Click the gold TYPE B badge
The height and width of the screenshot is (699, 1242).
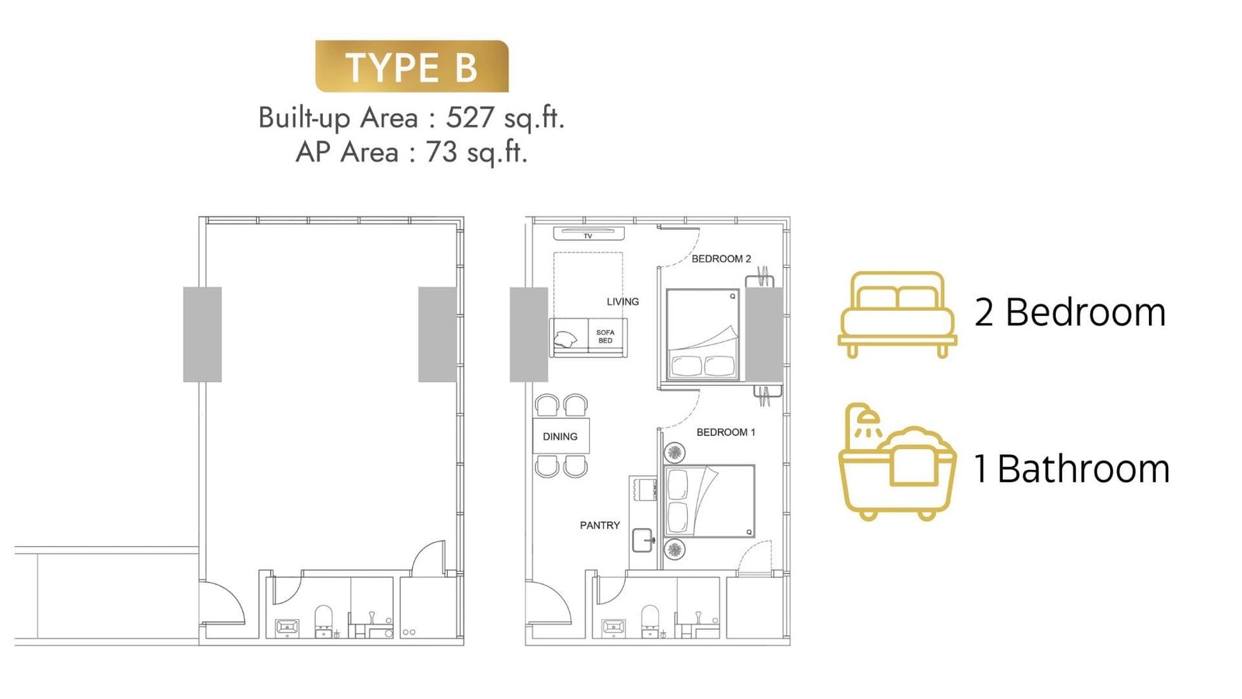[x=412, y=66]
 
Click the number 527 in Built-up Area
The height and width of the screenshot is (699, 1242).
[x=470, y=117]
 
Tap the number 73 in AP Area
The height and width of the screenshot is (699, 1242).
[x=442, y=152]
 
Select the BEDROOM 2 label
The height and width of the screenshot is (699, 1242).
[x=721, y=259]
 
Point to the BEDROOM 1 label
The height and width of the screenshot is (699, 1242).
[x=726, y=432]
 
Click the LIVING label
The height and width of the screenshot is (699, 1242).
[x=623, y=302]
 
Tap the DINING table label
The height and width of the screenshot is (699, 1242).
[x=560, y=436]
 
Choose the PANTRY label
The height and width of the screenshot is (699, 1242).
[x=600, y=525]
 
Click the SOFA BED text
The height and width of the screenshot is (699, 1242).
[x=605, y=337]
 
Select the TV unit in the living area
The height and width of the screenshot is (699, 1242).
[x=589, y=234]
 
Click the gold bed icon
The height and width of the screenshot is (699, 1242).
[x=897, y=315]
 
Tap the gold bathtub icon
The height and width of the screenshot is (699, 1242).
[x=897, y=461]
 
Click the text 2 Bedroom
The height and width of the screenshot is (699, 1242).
[x=1070, y=312]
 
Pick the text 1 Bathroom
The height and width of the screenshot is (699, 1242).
[x=1072, y=469]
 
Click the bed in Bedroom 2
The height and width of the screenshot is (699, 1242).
[x=703, y=335]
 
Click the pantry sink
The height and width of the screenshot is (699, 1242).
[x=643, y=540]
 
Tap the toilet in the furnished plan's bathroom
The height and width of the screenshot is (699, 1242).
[x=650, y=621]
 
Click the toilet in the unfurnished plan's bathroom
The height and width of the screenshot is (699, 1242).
[x=324, y=621]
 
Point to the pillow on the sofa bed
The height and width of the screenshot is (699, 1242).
[x=566, y=339]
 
